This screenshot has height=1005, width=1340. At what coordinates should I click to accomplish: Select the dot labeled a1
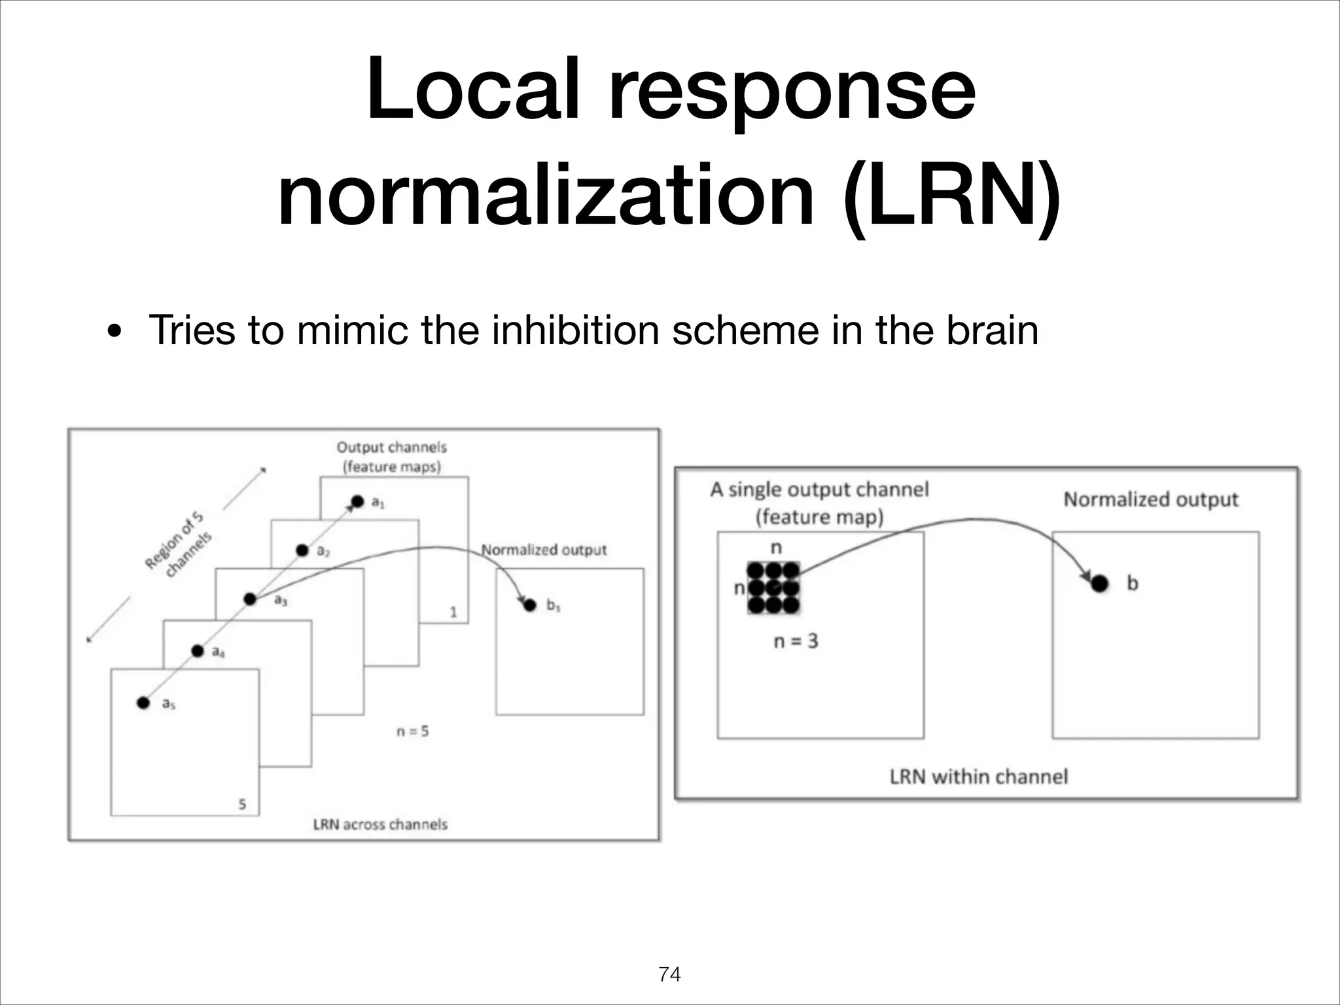point(357,502)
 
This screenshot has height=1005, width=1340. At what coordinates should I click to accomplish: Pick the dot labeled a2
point(302,550)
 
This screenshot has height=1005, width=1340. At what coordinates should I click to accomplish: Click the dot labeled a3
point(250,599)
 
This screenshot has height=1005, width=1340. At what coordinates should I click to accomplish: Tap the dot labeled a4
point(197,650)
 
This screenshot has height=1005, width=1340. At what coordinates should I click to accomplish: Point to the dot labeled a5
point(143,703)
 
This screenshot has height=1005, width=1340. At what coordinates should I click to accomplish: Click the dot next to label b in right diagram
point(1100,583)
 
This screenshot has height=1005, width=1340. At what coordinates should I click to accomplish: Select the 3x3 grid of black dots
point(773,588)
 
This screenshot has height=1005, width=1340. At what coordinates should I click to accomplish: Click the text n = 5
point(413,732)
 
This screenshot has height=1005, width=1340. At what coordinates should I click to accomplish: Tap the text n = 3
point(796,641)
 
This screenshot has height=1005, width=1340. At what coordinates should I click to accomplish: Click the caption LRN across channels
point(380,824)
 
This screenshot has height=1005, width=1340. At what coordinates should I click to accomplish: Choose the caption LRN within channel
point(978,777)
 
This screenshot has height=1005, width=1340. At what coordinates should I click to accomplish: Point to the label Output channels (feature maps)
point(391,457)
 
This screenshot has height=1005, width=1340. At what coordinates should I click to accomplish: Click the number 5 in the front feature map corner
point(242,804)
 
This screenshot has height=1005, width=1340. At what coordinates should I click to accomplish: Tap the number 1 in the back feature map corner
point(453,612)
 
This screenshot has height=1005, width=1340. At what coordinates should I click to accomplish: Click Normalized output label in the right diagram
point(1151,500)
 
